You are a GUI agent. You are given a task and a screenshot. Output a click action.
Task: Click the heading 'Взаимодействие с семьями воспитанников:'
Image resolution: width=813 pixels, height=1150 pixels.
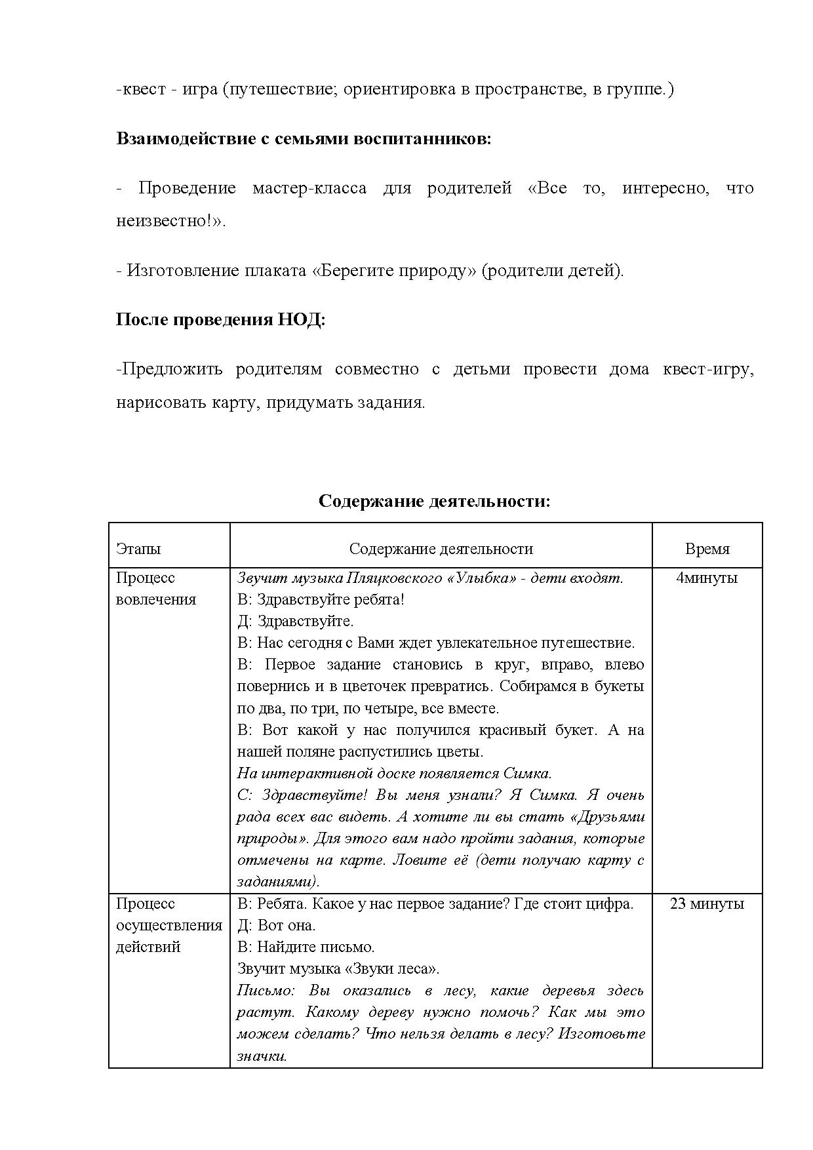tap(304, 139)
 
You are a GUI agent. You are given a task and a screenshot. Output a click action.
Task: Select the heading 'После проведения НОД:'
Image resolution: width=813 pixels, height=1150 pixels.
tap(220, 320)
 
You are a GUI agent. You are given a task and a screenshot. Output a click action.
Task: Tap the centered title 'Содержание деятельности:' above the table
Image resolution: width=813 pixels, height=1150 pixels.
tap(434, 501)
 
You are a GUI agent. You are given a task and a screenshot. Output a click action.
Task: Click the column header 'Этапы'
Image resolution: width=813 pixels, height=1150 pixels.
tap(138, 549)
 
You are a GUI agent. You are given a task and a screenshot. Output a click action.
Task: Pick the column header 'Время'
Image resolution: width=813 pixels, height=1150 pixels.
tap(707, 549)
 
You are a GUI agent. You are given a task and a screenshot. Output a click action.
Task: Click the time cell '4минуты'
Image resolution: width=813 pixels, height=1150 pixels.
tap(707, 578)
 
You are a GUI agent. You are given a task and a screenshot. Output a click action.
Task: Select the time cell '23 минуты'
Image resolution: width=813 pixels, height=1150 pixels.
tap(707, 903)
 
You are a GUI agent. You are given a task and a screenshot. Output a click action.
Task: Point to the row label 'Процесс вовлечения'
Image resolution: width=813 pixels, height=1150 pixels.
tap(156, 588)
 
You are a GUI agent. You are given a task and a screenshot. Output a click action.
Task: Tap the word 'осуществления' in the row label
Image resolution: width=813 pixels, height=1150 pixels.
tap(169, 925)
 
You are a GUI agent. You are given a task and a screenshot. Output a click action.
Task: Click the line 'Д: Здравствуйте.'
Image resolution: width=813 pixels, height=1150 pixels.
tap(295, 621)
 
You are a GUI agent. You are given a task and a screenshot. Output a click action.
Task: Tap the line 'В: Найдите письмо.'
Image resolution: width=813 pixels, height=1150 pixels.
tap(306, 947)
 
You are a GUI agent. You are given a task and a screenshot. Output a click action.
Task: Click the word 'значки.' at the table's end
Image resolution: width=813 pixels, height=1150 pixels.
tap(262, 1056)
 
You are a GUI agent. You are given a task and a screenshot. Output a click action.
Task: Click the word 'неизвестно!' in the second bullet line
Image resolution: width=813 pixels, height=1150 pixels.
tap(167, 221)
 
